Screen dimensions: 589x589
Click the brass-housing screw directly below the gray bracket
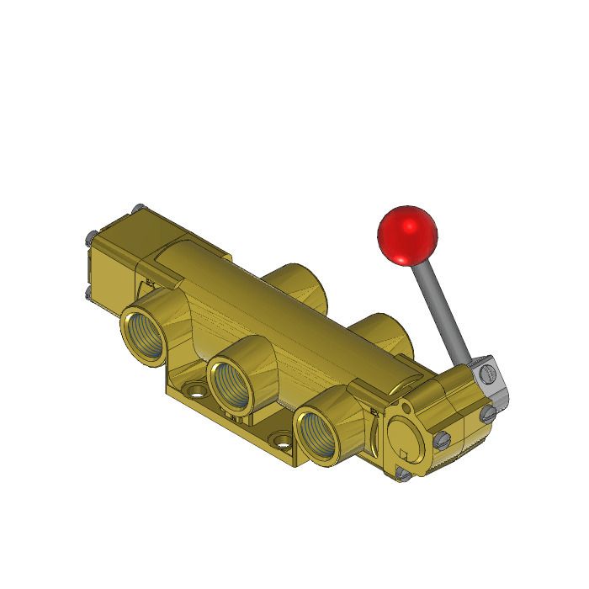[x=487, y=412]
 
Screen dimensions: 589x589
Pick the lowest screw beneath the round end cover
[x=403, y=475]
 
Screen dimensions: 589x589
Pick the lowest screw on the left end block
[x=88, y=293]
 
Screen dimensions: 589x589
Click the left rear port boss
[x=294, y=282]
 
